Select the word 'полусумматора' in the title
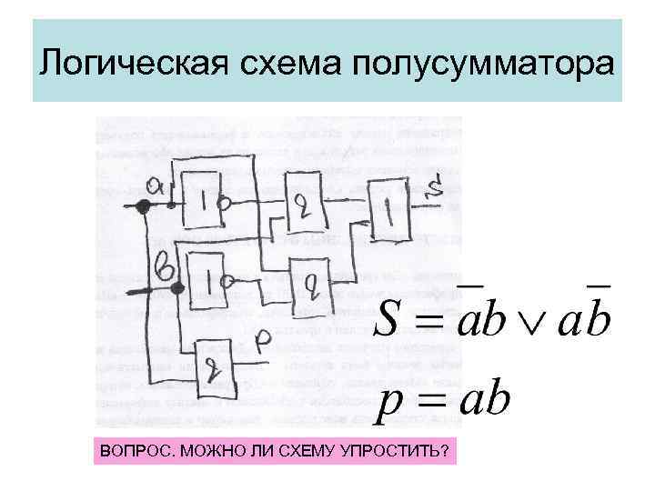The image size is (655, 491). point(482,65)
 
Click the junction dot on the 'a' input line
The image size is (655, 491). point(143,206)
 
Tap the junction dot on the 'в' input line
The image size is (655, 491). point(178,289)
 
